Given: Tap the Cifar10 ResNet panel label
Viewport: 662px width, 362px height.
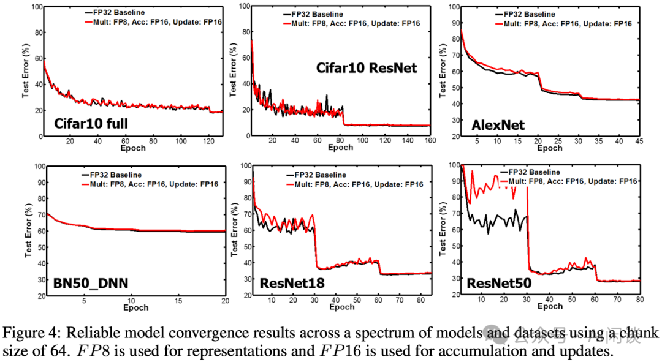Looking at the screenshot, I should click(x=367, y=68).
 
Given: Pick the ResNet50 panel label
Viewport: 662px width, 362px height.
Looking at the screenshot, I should click(x=497, y=284).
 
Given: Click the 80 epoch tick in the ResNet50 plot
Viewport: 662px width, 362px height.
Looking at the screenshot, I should click(x=639, y=299).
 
